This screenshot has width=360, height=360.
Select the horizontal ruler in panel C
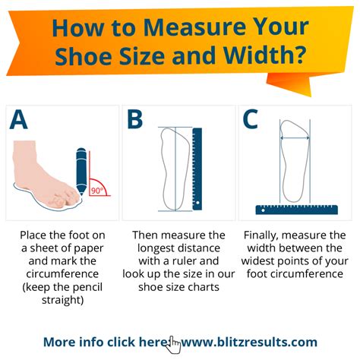point(297,208)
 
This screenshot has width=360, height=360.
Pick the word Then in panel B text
point(147,235)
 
